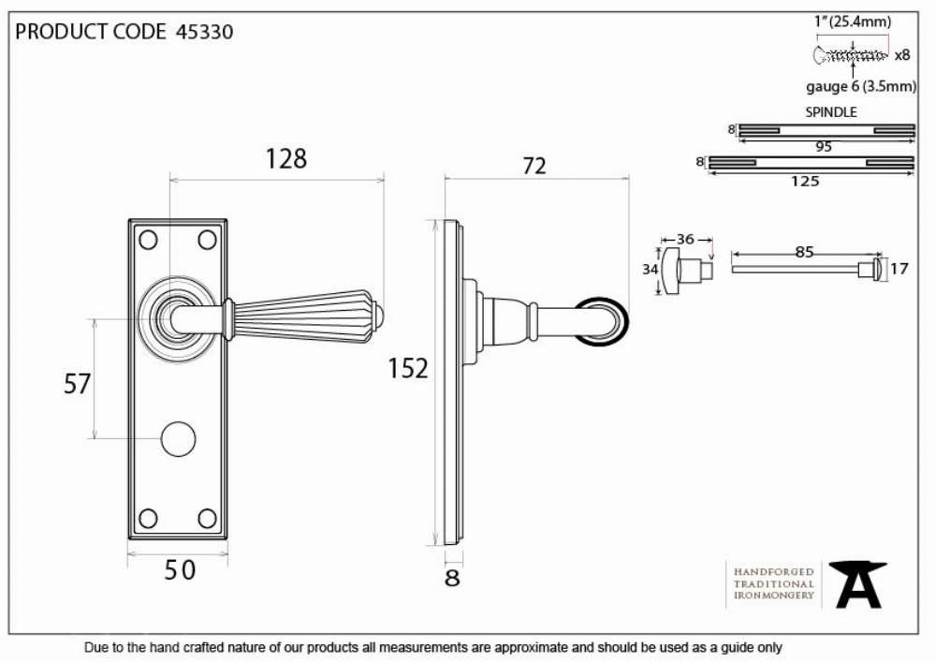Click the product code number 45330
pos(204,32)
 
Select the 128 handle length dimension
pos(285,159)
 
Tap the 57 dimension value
pos(77,384)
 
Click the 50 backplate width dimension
pos(180,570)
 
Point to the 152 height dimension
pos(408,368)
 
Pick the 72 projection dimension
pos(534,166)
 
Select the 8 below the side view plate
pos(452,578)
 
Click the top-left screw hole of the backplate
pos(148,240)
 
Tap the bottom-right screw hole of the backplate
pos(207,518)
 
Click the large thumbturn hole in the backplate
pos(179,439)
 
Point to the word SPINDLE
pos(831,112)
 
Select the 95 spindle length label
pos(824,147)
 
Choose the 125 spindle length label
pos(805,181)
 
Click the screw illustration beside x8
pos(851,55)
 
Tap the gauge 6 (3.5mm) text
pos(861,86)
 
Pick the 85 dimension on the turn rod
pos(804,252)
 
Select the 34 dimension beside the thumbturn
pos(651,270)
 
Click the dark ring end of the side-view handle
pos(601,321)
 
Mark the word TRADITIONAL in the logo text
pos(774,583)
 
